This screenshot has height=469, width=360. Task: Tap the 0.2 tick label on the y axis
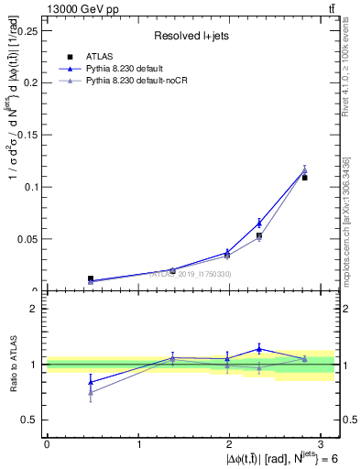pos(31,82)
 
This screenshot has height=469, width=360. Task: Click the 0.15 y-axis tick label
pos(27,135)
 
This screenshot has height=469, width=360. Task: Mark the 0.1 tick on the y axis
pos(31,187)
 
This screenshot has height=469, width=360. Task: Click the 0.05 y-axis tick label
pos(27,239)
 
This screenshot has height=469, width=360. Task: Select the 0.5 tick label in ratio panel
pos(32,420)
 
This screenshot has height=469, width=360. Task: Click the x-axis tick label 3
pos(322,444)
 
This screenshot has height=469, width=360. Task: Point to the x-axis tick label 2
pos(231,444)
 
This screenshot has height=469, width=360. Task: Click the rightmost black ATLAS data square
pos(305,177)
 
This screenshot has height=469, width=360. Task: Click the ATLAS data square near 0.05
pos(259,235)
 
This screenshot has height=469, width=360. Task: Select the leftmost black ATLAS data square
pos(90,278)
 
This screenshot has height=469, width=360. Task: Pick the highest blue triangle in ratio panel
pos(259,348)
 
